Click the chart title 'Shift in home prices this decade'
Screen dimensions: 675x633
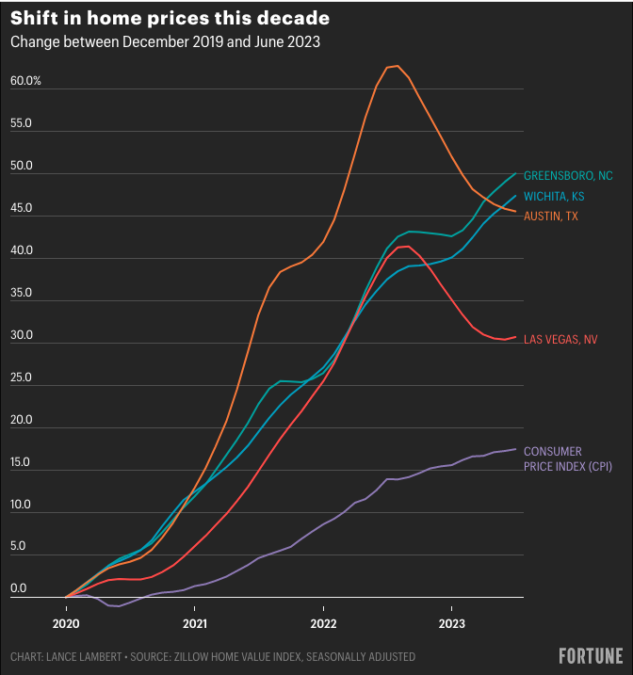tap(170, 19)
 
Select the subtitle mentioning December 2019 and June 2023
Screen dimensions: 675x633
tap(165, 43)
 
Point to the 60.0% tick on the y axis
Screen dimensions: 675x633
tap(26, 81)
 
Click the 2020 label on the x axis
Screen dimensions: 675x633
tap(66, 623)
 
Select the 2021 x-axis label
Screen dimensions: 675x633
tap(195, 623)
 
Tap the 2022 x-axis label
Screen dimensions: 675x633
tap(323, 623)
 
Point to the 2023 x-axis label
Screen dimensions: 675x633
tap(451, 623)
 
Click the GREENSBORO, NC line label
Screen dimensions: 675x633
tap(568, 175)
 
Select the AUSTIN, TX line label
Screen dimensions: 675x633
tap(551, 217)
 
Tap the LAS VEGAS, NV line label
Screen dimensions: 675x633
tap(560, 339)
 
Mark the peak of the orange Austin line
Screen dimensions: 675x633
tap(396, 66)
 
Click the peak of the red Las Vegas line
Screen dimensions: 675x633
tap(404, 247)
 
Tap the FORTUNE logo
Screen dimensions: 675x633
tap(591, 655)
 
